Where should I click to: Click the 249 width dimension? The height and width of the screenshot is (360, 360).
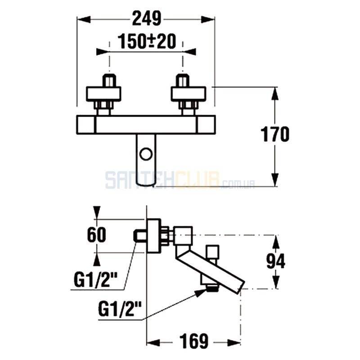pos(147,18)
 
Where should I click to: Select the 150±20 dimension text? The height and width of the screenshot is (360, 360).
pos(147,41)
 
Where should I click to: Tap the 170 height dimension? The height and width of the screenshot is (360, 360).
pos(275,134)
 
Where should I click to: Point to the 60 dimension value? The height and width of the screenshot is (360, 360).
pos(97,234)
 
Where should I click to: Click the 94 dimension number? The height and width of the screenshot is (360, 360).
pos(276,261)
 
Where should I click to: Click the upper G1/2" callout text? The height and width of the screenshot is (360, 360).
pos(95,279)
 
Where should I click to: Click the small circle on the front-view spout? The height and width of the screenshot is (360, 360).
pos(146,154)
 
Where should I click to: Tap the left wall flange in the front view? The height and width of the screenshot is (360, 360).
pos(103,94)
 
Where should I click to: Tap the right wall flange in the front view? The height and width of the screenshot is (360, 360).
pos(189,94)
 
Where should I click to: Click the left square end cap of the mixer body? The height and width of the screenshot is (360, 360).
pos(86,125)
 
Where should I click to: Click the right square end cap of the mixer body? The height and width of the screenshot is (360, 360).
pos(206,125)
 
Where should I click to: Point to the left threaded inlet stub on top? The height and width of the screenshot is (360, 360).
pos(110,80)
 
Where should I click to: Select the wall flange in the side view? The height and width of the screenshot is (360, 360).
pos(153,236)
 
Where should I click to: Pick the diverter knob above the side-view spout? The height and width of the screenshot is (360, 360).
pos(212,252)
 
